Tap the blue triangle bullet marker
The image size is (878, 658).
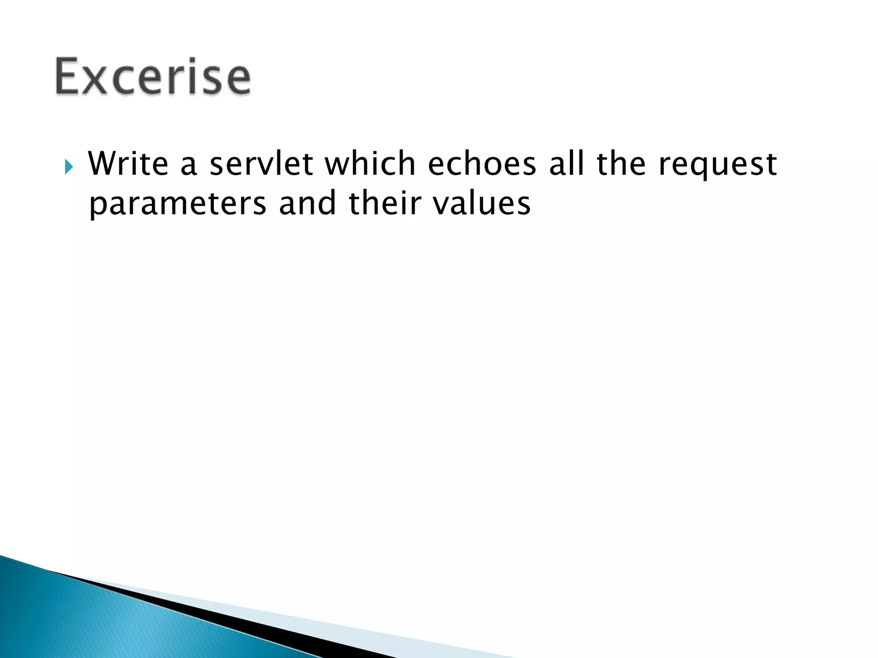coord(69,167)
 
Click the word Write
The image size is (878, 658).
coord(128,164)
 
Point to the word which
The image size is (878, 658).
coord(370,164)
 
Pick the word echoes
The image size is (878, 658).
coord(482,164)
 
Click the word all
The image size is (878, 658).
coord(566,164)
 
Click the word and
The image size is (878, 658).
coord(307,203)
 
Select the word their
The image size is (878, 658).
coord(384,203)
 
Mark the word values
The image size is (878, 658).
coord(481,203)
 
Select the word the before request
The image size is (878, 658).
coord(621,164)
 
